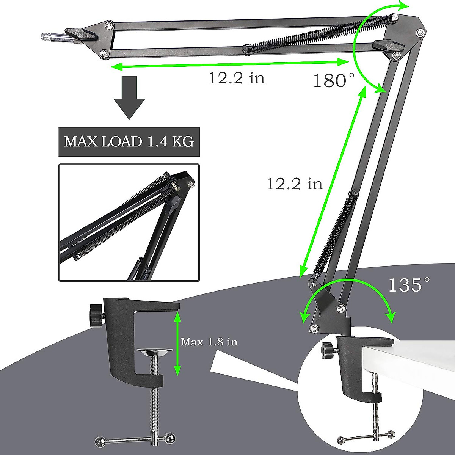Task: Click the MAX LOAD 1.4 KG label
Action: [x=129, y=142]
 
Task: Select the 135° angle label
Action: [x=409, y=285]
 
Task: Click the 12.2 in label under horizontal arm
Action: [x=237, y=78]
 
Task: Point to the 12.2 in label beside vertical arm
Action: [x=295, y=184]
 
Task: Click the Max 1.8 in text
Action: [x=209, y=342]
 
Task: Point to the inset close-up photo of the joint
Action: [x=129, y=223]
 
